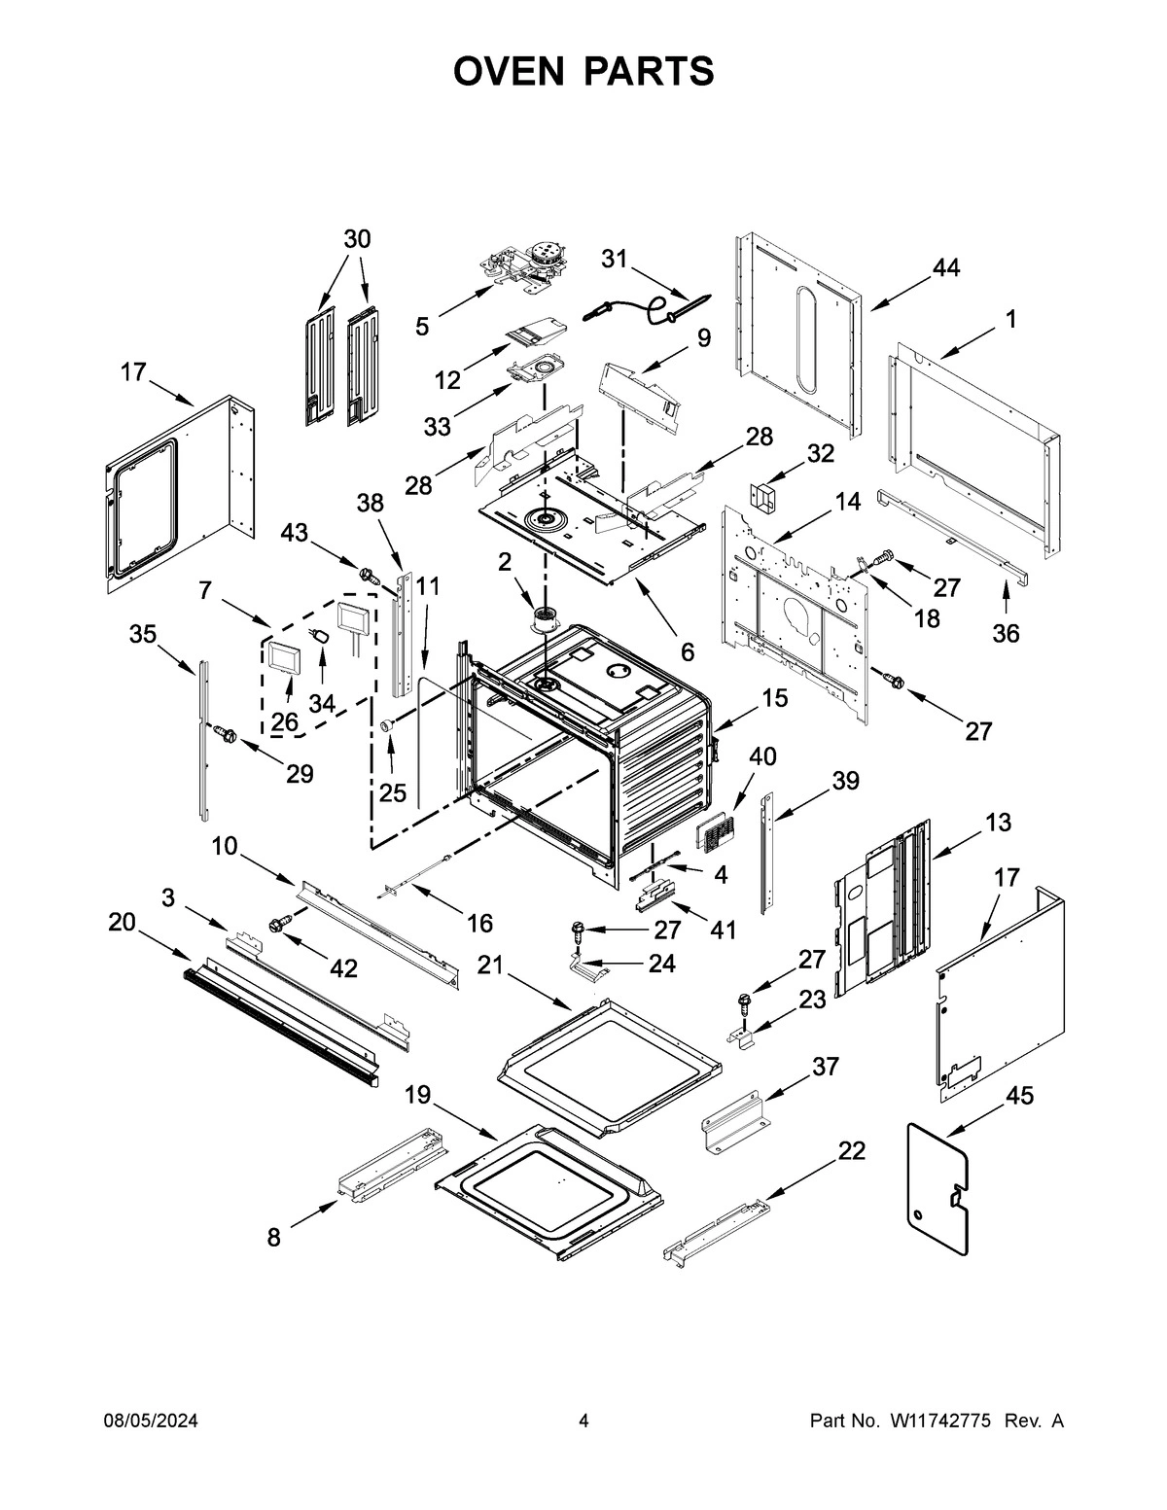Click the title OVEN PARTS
click(583, 71)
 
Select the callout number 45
click(1018, 1096)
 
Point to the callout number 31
click(614, 259)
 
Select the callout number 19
click(417, 1096)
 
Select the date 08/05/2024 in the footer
click(151, 1422)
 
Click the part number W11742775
click(939, 1422)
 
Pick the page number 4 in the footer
click(583, 1422)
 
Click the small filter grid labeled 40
click(716, 833)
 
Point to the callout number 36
click(1006, 633)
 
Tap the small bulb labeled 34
click(320, 636)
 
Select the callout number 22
click(851, 1151)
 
